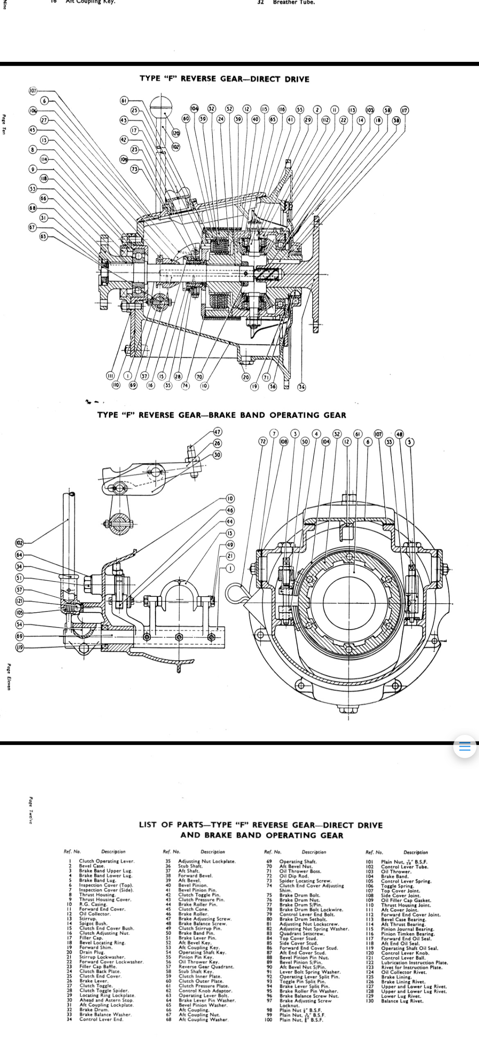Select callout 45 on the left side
[x=33, y=130]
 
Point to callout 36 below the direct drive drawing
[x=301, y=387]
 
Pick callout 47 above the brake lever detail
[x=217, y=432]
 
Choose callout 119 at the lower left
[x=20, y=647]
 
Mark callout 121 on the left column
[x=20, y=601]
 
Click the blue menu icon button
[x=465, y=747]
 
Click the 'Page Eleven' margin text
[x=9, y=678]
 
